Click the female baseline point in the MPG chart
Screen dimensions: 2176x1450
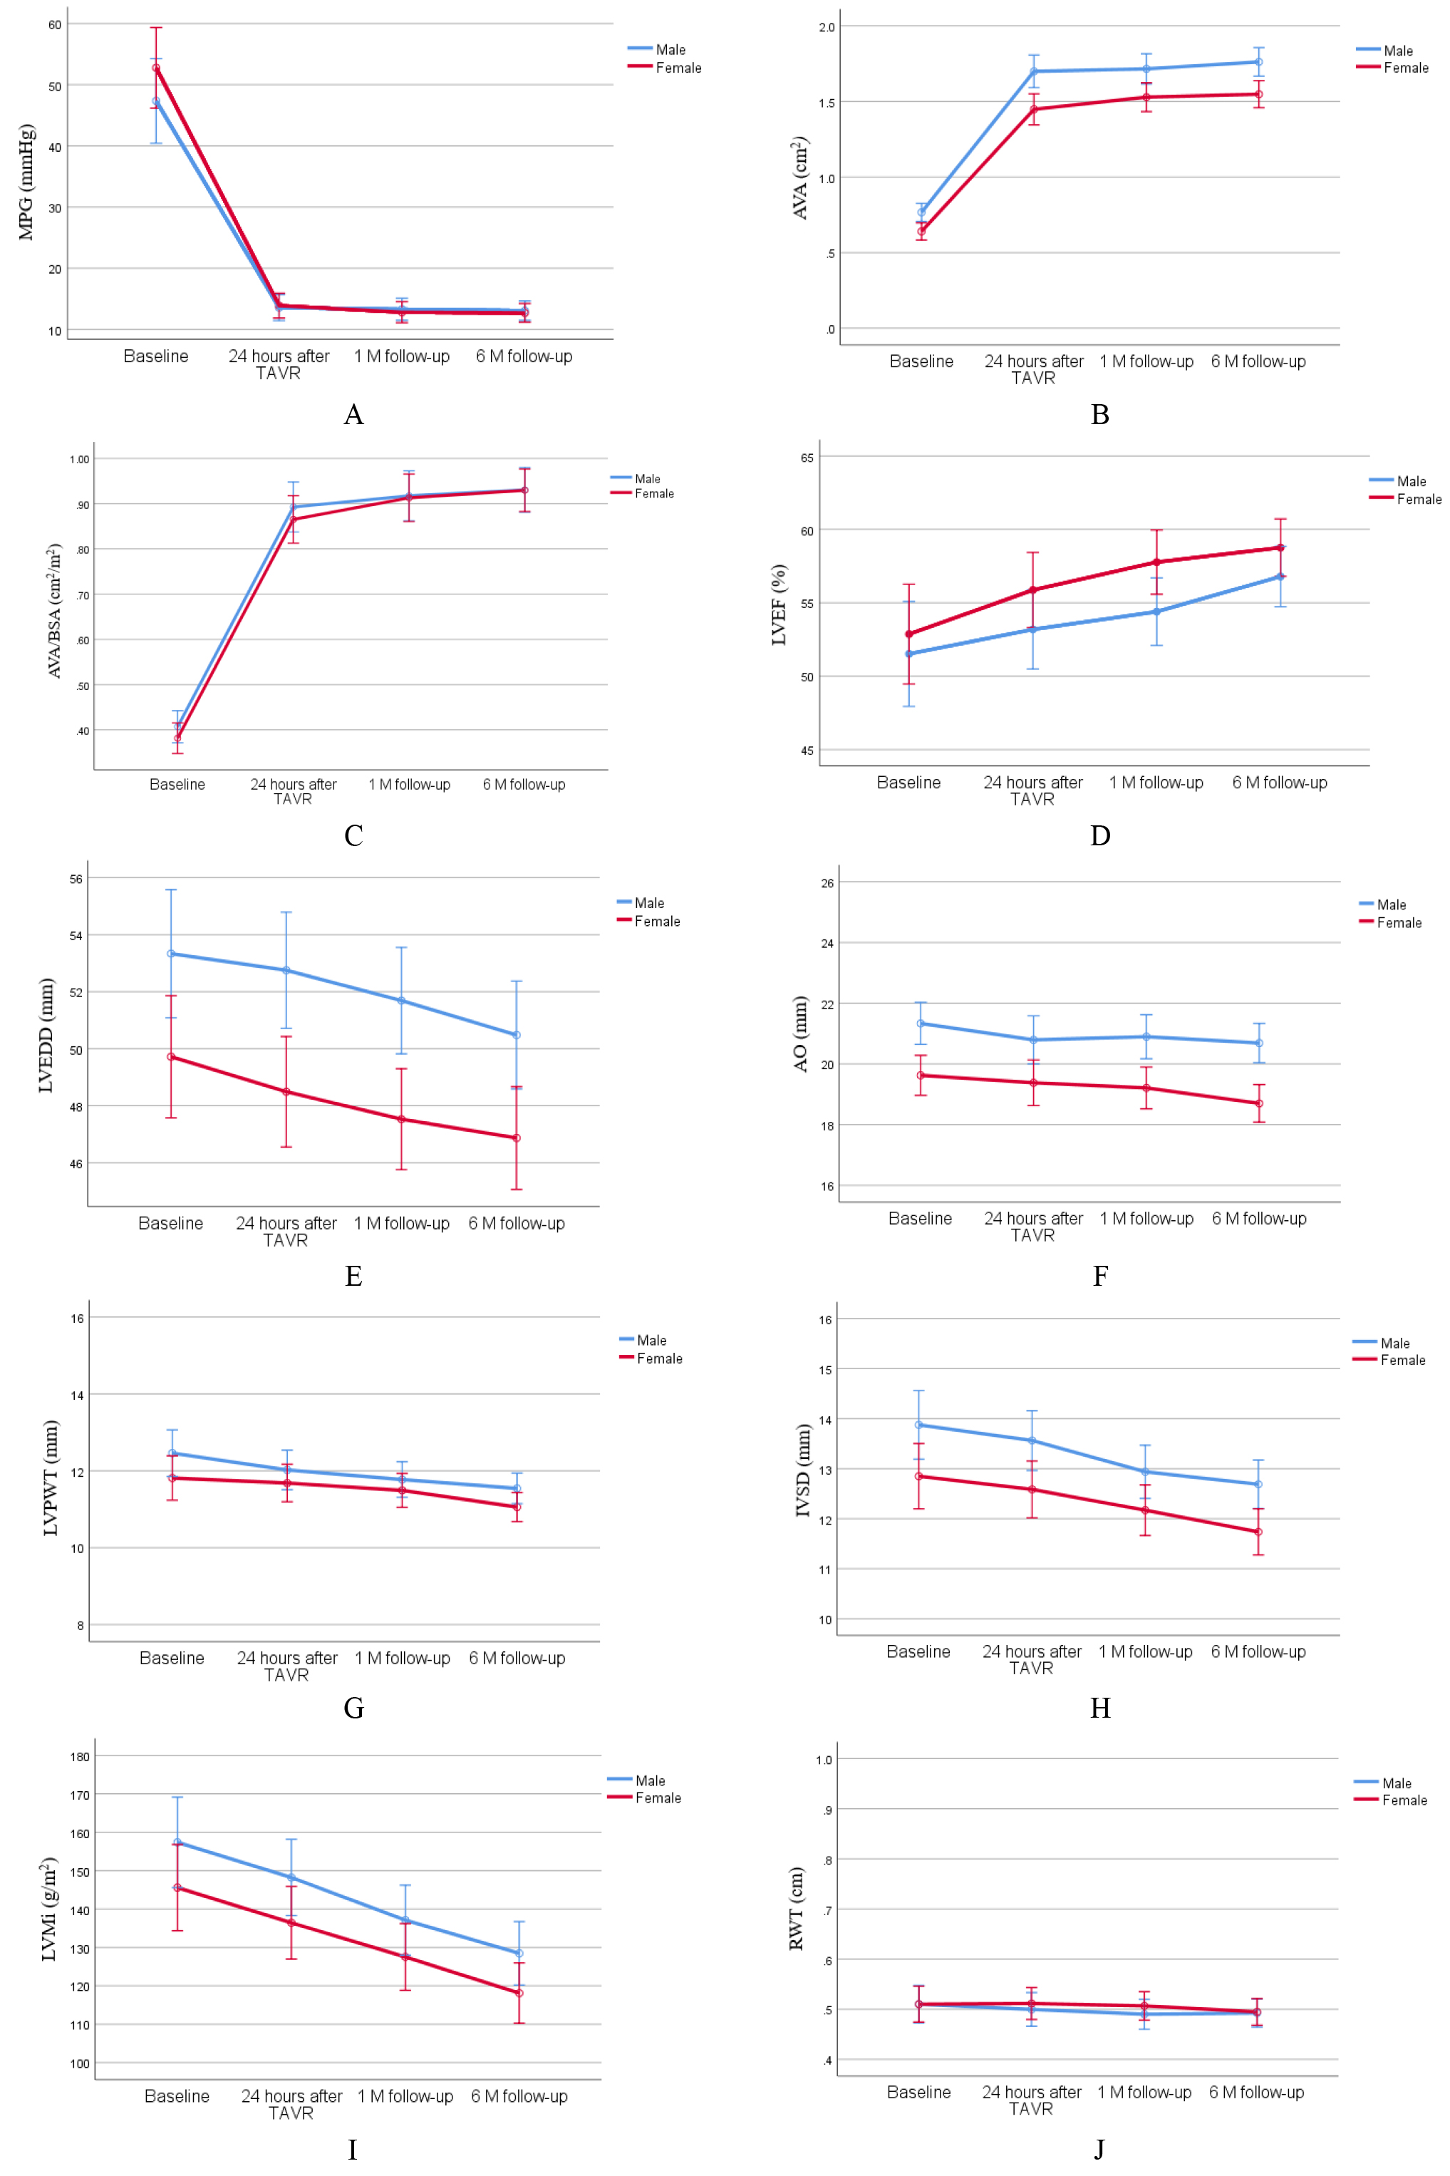tap(156, 68)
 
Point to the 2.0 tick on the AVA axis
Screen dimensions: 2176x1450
tap(827, 28)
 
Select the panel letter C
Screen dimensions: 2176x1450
tap(353, 835)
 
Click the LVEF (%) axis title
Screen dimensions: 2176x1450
tap(779, 605)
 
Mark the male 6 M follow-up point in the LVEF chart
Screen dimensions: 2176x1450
tap(1280, 576)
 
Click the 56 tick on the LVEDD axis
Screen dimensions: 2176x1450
tap(76, 879)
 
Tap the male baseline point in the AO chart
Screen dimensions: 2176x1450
tap(920, 1023)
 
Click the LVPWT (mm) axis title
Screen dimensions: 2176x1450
tap(51, 1478)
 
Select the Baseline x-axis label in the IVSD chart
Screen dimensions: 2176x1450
tap(918, 1651)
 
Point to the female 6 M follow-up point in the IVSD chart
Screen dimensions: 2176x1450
tap(1258, 1532)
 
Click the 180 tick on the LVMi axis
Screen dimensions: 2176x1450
tap(81, 1756)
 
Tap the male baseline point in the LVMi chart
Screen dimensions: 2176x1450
tap(177, 1842)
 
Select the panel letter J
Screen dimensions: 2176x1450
tap(1099, 2149)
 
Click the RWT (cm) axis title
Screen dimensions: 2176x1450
tap(796, 1909)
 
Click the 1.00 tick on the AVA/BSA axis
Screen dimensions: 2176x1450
tap(80, 460)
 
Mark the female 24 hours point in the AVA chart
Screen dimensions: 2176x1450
tap(1034, 109)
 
